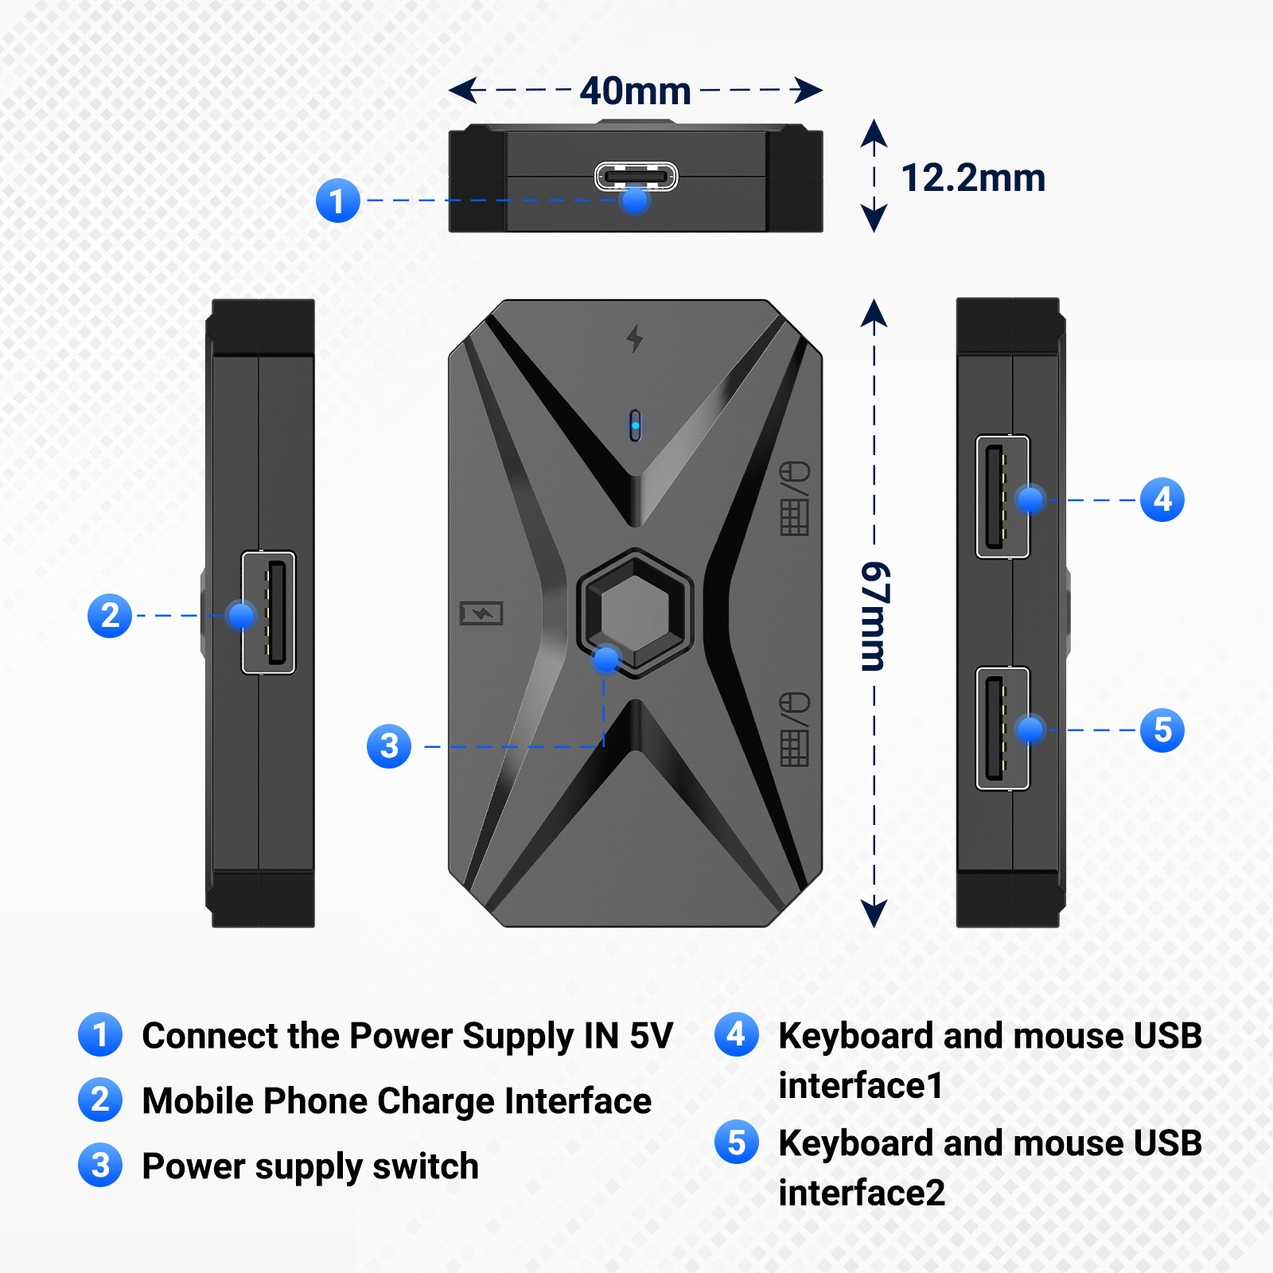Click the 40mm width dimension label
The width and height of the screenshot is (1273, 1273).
[635, 91]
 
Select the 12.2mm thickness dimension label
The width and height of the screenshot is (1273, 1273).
[972, 177]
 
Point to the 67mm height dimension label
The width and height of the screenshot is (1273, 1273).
[874, 616]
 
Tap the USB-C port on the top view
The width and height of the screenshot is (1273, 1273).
[636, 176]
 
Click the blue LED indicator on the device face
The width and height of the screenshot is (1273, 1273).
[635, 425]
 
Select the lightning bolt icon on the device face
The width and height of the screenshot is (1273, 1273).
[634, 338]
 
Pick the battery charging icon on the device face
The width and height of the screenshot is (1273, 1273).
[481, 613]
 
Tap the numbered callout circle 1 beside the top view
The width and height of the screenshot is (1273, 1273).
[338, 200]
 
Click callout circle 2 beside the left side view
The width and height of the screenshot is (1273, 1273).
[110, 615]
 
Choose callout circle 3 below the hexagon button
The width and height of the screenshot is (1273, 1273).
[389, 746]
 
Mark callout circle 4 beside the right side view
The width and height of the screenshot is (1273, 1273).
[1162, 500]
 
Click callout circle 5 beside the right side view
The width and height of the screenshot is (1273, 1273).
[1162, 730]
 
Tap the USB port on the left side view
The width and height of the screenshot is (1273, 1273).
[269, 612]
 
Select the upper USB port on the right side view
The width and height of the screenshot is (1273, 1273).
[1002, 496]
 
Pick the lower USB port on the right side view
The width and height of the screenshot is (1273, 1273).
[1002, 728]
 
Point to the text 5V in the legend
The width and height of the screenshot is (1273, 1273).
[651, 1036]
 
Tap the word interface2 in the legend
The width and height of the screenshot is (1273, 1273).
[862, 1193]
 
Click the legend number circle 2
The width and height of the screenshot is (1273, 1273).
[100, 1100]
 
